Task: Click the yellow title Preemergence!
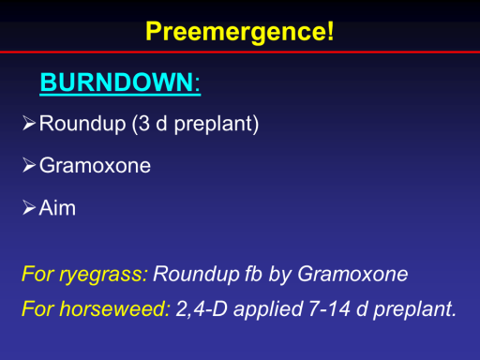click(240, 32)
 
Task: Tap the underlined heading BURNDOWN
click(120, 82)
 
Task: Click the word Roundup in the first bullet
click(82, 124)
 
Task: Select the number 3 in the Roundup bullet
click(143, 124)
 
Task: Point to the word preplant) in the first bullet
click(217, 125)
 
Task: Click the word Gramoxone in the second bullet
click(95, 165)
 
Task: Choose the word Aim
click(57, 207)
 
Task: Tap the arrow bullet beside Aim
click(29, 208)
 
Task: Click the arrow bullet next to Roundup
click(29, 123)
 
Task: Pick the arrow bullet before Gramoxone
click(29, 165)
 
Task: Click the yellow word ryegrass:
click(103, 275)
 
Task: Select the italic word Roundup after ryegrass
click(196, 275)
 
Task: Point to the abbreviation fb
click(253, 274)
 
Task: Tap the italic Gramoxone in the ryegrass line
click(352, 274)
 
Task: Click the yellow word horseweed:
click(115, 308)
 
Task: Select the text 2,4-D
click(202, 309)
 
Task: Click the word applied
click(268, 310)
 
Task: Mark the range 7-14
click(329, 308)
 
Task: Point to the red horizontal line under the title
click(240, 52)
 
